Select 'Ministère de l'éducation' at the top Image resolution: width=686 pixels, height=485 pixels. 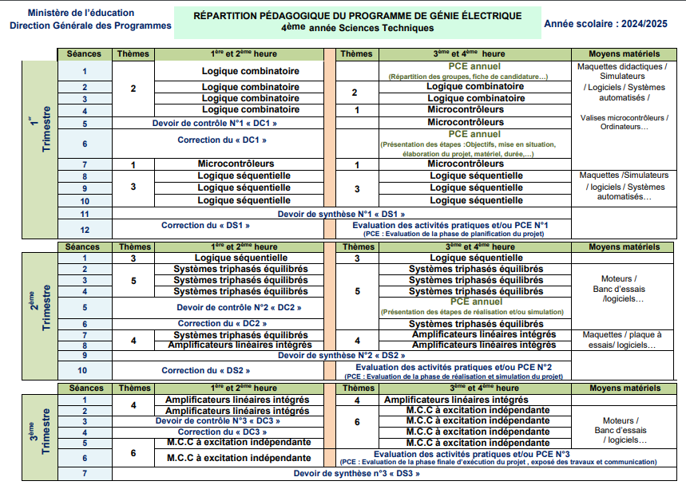[x=69, y=14]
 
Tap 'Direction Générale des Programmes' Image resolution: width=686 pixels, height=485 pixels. [x=90, y=26]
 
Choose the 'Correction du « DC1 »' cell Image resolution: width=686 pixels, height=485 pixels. [x=221, y=140]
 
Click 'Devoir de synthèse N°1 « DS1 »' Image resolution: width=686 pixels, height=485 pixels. [x=342, y=214]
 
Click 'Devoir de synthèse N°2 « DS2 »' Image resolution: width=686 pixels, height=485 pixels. [x=342, y=355]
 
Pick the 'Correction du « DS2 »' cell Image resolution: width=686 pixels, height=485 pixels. [x=206, y=370]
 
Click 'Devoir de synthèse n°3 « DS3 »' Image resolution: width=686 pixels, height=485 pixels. [x=356, y=474]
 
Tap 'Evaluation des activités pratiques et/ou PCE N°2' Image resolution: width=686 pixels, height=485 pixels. [x=453, y=367]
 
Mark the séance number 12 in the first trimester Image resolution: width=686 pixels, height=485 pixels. [x=84, y=230]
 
